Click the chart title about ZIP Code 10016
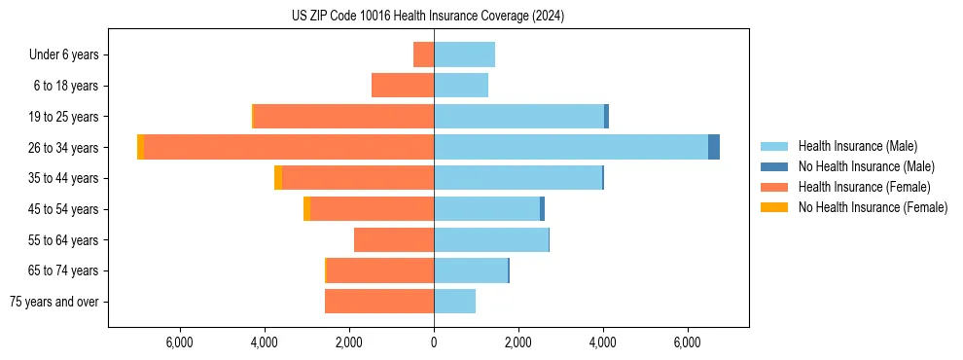coord(428,17)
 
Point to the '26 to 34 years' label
coord(63,147)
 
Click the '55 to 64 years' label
coord(63,239)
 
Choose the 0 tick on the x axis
coord(434,342)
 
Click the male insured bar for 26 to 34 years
coord(571,147)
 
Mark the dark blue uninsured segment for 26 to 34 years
coord(714,147)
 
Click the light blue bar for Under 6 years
coord(464,54)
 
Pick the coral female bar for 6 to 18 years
coord(403,86)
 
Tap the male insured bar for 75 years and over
coord(454,302)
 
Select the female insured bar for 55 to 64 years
coord(394,239)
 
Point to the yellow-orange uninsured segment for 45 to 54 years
coord(306,208)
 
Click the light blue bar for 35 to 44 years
coord(517,178)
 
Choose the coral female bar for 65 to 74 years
coord(380,270)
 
